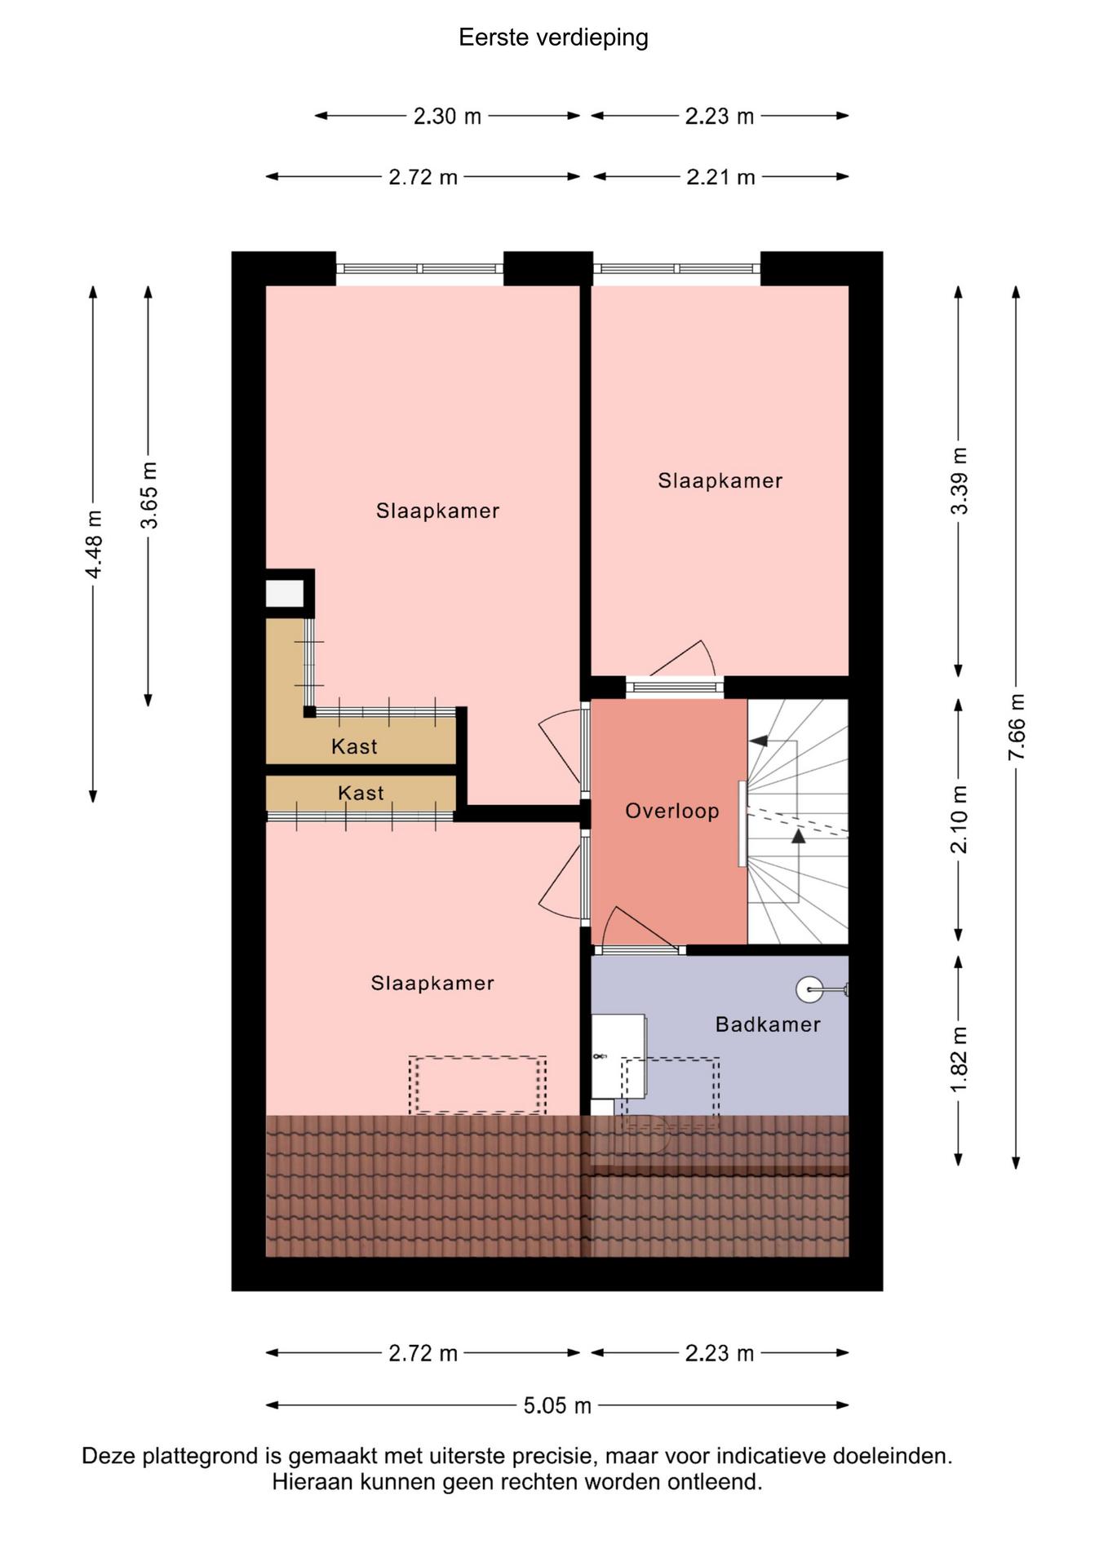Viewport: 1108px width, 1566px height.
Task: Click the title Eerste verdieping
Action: [553, 38]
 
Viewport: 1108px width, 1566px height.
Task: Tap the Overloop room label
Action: [672, 811]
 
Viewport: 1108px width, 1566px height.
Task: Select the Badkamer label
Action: [768, 1024]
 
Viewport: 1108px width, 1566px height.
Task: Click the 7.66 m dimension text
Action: [1017, 727]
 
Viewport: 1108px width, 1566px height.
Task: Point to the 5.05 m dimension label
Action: [557, 1405]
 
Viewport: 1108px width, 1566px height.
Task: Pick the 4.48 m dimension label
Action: [94, 544]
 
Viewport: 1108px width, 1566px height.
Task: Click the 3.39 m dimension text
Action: [960, 481]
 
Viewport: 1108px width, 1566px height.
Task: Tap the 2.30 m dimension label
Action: [447, 117]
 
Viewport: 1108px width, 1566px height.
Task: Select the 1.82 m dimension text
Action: [960, 1059]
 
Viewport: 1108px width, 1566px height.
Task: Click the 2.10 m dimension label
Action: [960, 819]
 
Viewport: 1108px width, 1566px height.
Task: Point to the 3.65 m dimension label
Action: [149, 495]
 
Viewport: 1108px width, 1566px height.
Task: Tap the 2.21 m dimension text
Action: [720, 177]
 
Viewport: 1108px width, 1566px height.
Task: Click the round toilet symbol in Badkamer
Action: [810, 989]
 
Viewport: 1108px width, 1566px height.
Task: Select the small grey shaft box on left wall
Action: [285, 593]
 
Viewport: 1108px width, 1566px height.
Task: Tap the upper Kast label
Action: [354, 746]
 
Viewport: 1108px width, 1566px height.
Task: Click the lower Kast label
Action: [361, 793]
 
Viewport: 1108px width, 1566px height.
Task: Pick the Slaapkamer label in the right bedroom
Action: [720, 481]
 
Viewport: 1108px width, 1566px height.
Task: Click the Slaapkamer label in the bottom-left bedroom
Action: [432, 983]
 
